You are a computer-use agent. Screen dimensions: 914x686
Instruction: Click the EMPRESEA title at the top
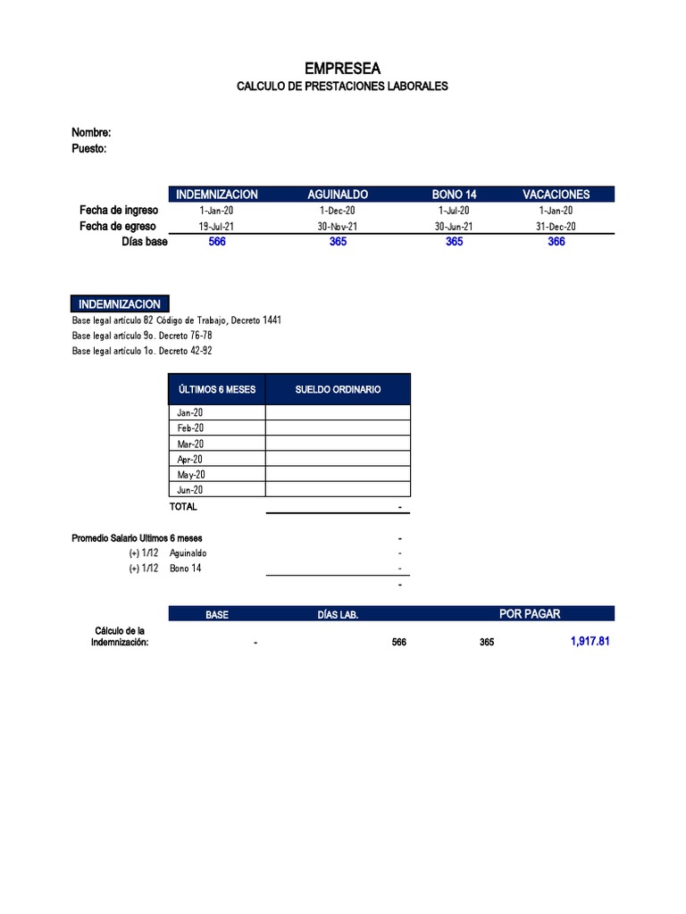(342, 68)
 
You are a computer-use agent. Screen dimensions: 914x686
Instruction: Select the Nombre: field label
(91, 132)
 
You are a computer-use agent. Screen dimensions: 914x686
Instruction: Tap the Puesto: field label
(89, 148)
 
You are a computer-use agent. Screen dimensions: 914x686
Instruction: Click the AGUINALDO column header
(338, 195)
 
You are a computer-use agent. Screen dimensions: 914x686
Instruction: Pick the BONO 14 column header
(454, 195)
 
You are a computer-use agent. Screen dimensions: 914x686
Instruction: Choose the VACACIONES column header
(556, 195)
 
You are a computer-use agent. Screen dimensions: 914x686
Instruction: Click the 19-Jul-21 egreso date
(216, 227)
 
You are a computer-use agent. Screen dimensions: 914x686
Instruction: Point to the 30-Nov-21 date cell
(338, 227)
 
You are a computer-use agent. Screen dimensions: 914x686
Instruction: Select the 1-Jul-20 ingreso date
(454, 210)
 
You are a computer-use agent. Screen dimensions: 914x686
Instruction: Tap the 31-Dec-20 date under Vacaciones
(556, 227)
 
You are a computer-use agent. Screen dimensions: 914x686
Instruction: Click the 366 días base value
(556, 242)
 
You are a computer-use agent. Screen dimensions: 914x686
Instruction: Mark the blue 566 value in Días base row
(217, 242)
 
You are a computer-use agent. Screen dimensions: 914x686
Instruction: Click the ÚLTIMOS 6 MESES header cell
(217, 389)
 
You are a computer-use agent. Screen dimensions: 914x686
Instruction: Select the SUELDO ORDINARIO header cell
(338, 389)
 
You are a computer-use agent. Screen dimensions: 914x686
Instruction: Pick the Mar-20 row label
(190, 444)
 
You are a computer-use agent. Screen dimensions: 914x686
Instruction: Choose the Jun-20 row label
(190, 490)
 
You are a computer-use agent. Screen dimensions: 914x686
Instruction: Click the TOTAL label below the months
(183, 506)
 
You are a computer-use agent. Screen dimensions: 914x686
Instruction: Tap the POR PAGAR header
(530, 613)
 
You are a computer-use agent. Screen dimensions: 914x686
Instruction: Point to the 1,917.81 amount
(590, 641)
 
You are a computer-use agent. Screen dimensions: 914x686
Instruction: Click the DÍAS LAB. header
(338, 614)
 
